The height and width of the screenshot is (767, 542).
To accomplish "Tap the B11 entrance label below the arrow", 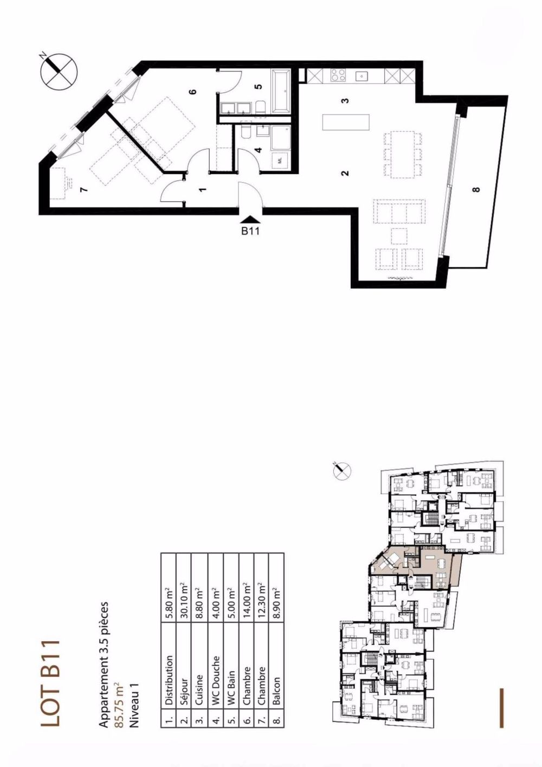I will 250,231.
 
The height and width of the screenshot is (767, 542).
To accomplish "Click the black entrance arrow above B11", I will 250,218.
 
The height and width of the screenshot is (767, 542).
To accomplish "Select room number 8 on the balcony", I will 476,189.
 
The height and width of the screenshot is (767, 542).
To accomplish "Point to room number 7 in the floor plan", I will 83,189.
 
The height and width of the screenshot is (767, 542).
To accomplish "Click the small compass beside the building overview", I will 341,470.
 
